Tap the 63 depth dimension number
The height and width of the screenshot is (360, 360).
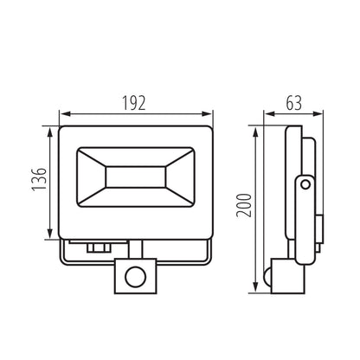point(295,102)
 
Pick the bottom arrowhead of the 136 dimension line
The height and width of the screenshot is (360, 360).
point(45,234)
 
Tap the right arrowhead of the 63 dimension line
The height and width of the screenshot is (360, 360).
point(319,112)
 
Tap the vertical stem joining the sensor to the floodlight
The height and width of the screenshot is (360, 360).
point(136,248)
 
